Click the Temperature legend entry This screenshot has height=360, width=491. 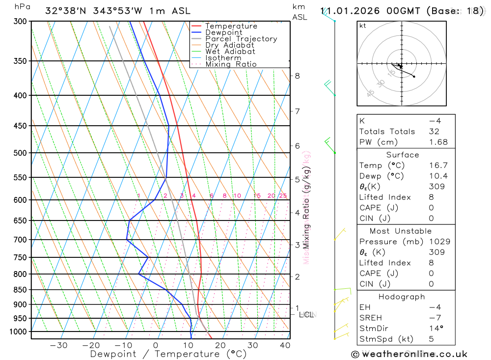coord(231,26)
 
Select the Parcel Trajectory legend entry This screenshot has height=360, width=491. coord(241,39)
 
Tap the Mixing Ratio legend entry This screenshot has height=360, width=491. coord(231,64)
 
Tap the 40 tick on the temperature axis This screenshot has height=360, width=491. coord(285,345)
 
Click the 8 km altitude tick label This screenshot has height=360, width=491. coord(297,76)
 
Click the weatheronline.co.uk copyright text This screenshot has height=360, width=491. coord(409,354)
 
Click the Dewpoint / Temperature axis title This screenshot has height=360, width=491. coord(168,354)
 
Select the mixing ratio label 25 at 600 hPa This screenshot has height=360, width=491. coord(283,196)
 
